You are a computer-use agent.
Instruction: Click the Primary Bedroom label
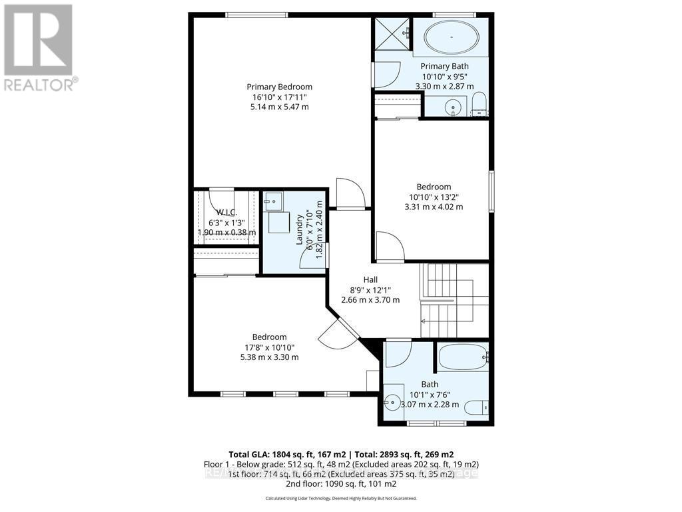[279, 87]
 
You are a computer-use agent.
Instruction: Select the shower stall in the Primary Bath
[391, 32]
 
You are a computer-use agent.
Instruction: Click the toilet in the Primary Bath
[479, 104]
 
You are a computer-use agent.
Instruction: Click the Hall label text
[370, 279]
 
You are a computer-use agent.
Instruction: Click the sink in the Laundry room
[273, 201]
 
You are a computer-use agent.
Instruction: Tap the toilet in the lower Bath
[478, 407]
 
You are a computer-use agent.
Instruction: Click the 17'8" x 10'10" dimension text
[269, 347]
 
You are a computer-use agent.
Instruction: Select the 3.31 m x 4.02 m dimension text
[434, 207]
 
